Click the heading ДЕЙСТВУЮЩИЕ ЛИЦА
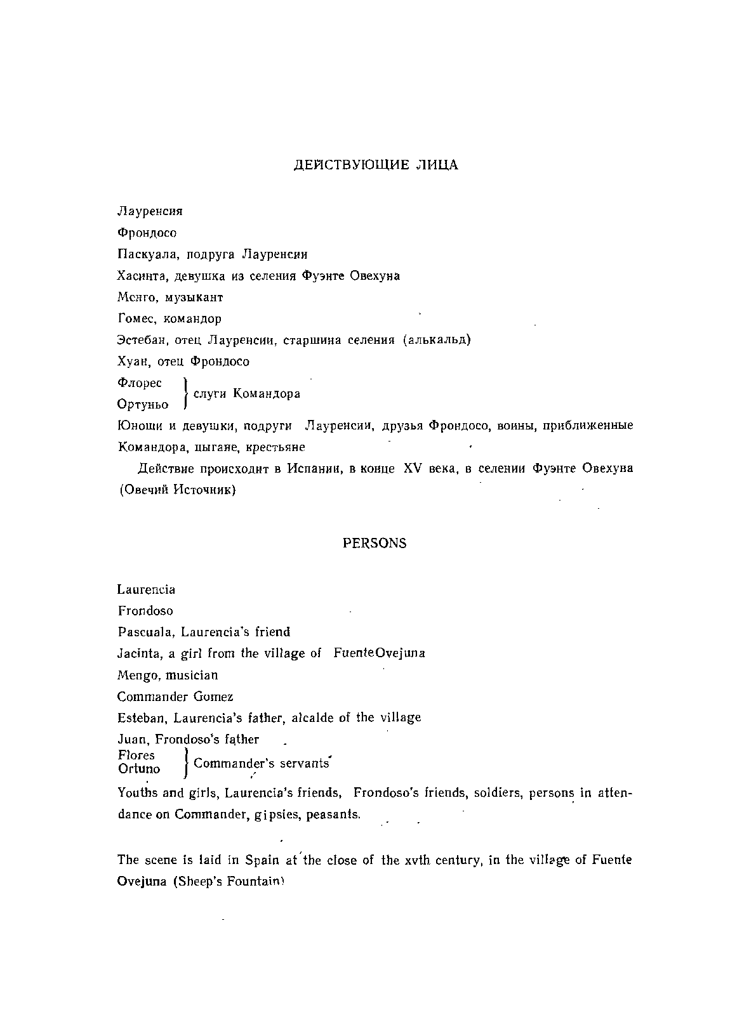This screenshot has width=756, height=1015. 376,165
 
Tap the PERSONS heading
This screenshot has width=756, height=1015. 375,544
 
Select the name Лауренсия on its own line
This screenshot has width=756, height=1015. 150,211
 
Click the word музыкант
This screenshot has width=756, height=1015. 194,297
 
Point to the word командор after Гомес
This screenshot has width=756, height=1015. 196,318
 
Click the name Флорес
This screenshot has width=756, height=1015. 140,383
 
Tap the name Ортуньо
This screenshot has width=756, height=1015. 143,404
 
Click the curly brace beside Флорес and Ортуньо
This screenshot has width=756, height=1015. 185,393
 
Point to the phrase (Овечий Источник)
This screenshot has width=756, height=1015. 177,490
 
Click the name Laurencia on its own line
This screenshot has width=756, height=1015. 146,589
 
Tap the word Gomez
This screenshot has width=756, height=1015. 213,697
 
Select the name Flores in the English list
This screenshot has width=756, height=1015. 136,755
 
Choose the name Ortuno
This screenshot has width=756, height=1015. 139,769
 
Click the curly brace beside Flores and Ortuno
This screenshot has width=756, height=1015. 185,762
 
